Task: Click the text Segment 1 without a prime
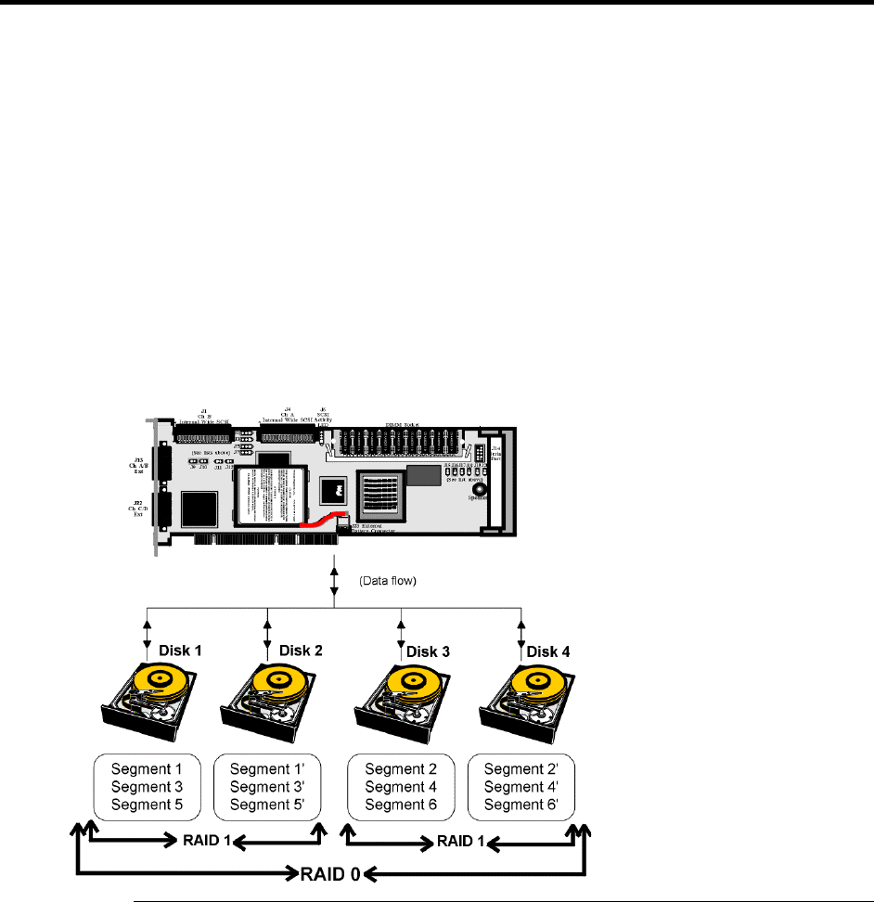coord(148,768)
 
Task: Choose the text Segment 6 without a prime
coord(401,804)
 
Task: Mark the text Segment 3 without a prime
coord(148,786)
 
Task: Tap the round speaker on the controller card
coord(479,491)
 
